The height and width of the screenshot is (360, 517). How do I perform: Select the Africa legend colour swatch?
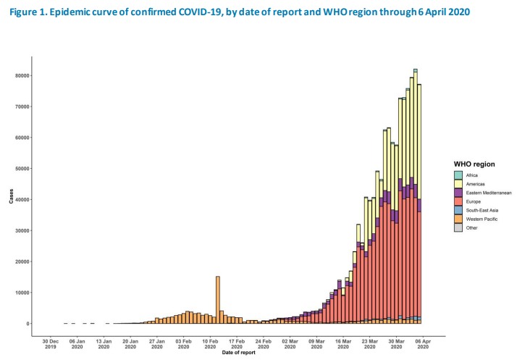(458, 175)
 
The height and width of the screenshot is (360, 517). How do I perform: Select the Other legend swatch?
(458, 227)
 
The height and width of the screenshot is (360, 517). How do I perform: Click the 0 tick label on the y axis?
(28, 324)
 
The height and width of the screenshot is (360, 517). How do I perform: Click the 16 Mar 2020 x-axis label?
(342, 343)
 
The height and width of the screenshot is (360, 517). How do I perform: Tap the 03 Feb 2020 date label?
(183, 343)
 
